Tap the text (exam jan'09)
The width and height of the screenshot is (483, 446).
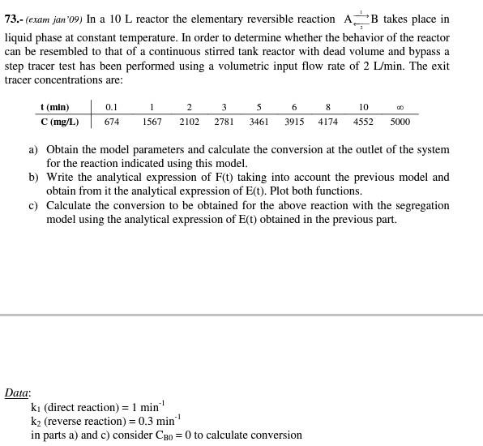click(54, 19)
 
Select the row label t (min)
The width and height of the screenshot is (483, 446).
click(54, 107)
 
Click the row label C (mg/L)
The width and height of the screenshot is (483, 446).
click(59, 122)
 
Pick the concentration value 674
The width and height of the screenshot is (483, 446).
click(112, 122)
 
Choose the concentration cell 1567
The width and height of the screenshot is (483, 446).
click(152, 122)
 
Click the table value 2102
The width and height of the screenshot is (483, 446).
click(189, 122)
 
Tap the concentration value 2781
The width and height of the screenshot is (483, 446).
click(224, 122)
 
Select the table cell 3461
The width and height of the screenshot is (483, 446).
click(259, 122)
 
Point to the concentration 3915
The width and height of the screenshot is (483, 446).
click(294, 122)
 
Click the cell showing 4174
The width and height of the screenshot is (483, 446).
click(328, 122)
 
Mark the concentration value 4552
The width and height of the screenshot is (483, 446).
click(363, 122)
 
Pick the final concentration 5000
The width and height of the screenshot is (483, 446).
click(400, 122)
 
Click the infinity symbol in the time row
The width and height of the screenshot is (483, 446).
click(400, 108)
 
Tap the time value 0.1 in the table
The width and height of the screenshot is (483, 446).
click(112, 107)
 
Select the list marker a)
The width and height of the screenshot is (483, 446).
click(33, 150)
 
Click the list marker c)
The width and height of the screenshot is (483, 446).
click(33, 205)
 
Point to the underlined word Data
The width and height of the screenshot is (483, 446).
click(17, 393)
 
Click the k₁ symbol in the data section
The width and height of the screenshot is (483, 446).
click(36, 408)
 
